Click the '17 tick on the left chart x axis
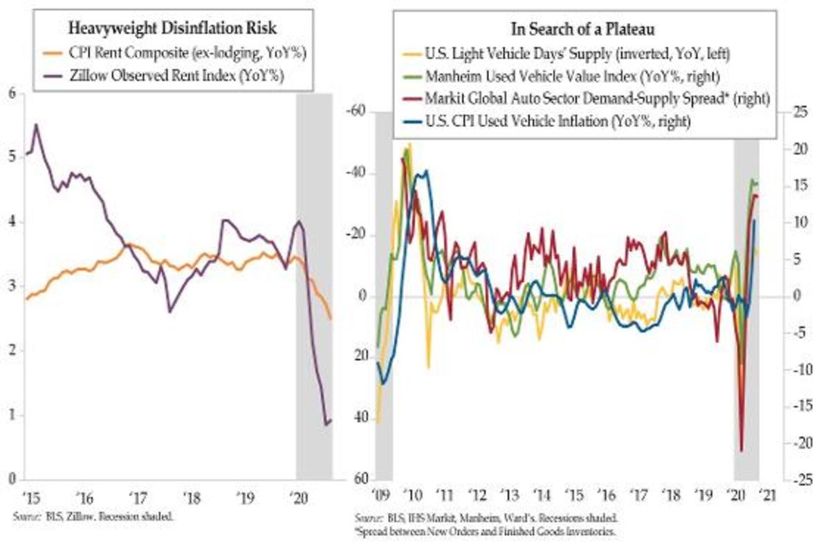click(138, 496)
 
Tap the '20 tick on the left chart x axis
click(299, 496)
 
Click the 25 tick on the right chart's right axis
click(800, 112)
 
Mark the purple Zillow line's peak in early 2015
click(36, 125)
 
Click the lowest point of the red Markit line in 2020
click(741, 451)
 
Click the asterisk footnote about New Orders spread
click(484, 532)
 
